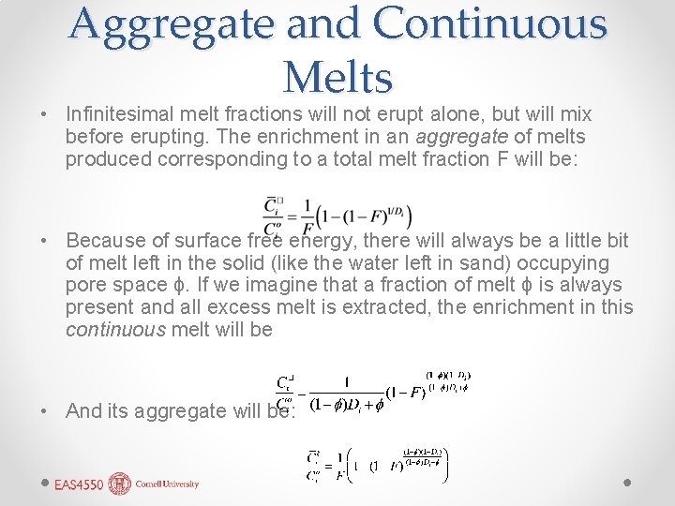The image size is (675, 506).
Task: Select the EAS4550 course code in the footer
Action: (x=79, y=485)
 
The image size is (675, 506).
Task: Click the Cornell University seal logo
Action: (x=121, y=484)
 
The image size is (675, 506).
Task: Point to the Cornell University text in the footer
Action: (x=168, y=484)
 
